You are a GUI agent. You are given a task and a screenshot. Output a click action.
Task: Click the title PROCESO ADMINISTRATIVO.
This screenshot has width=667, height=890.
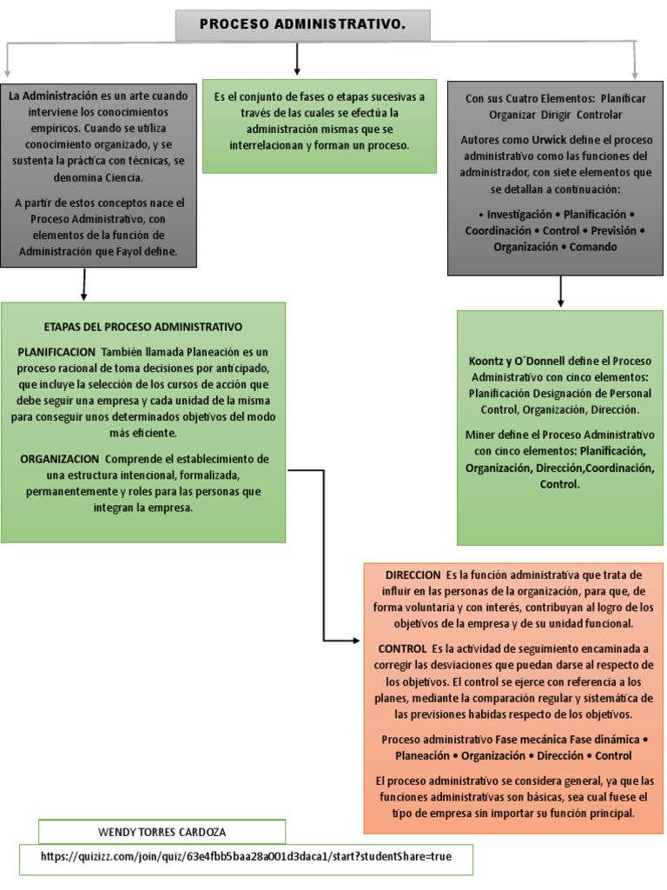[x=302, y=25]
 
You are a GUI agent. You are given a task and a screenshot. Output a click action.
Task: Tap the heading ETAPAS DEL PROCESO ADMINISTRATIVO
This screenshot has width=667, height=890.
[x=142, y=327]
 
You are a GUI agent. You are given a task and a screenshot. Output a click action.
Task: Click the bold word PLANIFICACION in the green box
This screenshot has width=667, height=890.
[x=56, y=351]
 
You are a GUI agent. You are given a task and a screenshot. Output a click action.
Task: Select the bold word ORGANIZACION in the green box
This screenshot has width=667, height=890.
[x=59, y=458]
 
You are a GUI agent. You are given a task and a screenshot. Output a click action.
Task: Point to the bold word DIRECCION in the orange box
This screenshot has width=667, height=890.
[x=413, y=575]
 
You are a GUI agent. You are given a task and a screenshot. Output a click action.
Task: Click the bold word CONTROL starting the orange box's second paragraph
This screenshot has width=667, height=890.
[x=402, y=649]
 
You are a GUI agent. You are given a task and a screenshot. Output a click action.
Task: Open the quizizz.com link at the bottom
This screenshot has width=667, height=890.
[x=247, y=857]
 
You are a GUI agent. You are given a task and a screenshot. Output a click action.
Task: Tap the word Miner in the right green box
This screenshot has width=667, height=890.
[x=482, y=434]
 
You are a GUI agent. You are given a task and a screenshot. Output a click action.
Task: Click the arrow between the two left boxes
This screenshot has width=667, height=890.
[x=84, y=285]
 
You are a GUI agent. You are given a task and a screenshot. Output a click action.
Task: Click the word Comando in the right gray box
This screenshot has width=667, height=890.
[x=594, y=247]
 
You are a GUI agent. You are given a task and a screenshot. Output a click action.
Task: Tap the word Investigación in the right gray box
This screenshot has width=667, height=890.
[x=518, y=214]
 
